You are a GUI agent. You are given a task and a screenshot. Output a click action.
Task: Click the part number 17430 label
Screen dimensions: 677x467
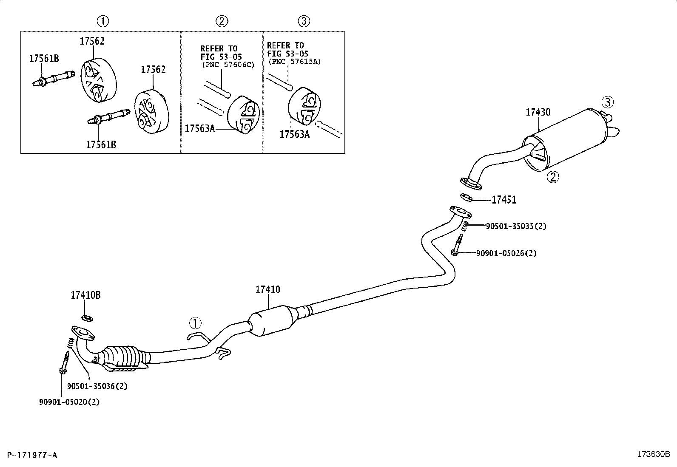[x=538, y=112]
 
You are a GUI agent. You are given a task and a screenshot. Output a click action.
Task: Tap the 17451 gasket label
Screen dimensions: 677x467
[x=504, y=200]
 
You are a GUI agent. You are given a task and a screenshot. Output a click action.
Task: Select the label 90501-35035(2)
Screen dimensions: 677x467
[x=516, y=226]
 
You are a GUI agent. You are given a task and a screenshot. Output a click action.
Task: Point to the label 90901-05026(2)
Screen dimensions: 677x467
[x=506, y=253]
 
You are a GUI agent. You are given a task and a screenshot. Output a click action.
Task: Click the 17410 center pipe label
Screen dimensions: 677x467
[x=268, y=290]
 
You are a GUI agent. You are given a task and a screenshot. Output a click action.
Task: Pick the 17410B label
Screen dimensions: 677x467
[x=85, y=295]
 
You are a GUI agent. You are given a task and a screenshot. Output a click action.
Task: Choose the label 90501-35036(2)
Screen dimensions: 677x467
[x=97, y=386]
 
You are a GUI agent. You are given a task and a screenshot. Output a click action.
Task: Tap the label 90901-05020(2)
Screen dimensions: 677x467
[x=69, y=402]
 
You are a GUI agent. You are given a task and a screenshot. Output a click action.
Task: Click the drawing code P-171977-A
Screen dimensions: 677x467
[x=32, y=455]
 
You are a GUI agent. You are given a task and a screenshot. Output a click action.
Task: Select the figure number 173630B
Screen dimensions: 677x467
[x=654, y=454]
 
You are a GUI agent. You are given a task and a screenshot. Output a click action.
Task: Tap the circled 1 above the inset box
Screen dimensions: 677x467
[x=103, y=21]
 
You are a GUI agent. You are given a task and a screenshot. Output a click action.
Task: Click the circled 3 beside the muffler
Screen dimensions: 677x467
[x=608, y=102]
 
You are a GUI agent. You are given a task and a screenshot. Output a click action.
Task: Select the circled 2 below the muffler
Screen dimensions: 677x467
[x=553, y=177]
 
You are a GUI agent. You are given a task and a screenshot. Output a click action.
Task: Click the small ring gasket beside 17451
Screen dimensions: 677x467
[x=467, y=198]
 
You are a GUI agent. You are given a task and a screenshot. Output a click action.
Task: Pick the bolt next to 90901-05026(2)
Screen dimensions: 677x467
[x=457, y=245]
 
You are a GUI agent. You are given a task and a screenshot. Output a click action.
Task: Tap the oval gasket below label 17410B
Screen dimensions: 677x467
[x=87, y=318]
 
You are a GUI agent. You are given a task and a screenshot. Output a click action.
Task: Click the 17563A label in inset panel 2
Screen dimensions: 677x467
[x=200, y=129]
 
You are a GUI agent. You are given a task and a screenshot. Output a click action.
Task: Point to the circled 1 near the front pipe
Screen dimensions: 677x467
[x=195, y=323]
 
